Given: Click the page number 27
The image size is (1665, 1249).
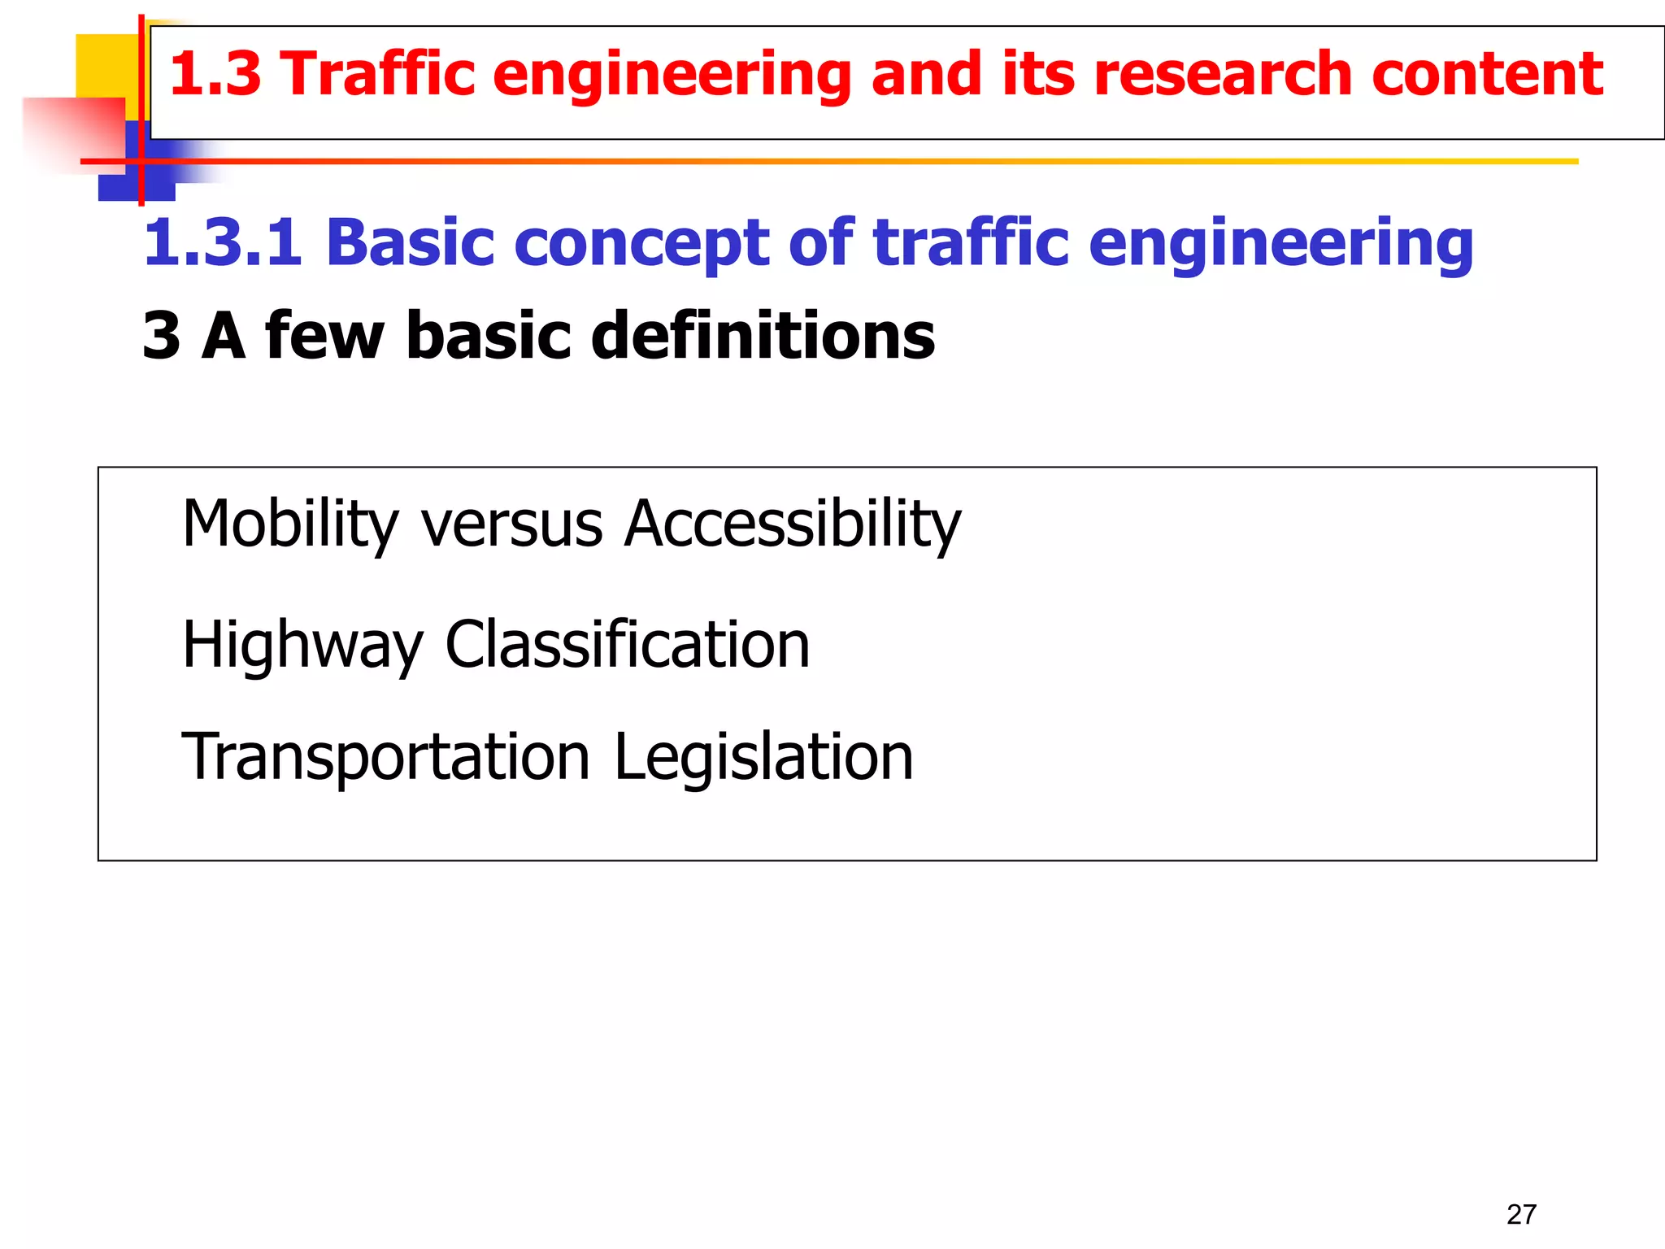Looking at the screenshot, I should tap(1521, 1214).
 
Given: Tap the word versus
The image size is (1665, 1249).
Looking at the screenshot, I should tap(511, 524).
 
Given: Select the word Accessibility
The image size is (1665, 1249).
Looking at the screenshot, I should tap(793, 524).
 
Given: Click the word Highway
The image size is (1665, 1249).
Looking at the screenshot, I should tap(302, 645).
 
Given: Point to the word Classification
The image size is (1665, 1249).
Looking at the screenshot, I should tap(627, 645).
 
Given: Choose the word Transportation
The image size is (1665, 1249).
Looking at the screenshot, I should tap(385, 758).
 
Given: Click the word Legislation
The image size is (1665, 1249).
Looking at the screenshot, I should tap(763, 758).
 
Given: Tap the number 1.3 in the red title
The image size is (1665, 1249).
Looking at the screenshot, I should tap(215, 74).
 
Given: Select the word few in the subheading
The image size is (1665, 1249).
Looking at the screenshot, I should tap(324, 335).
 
